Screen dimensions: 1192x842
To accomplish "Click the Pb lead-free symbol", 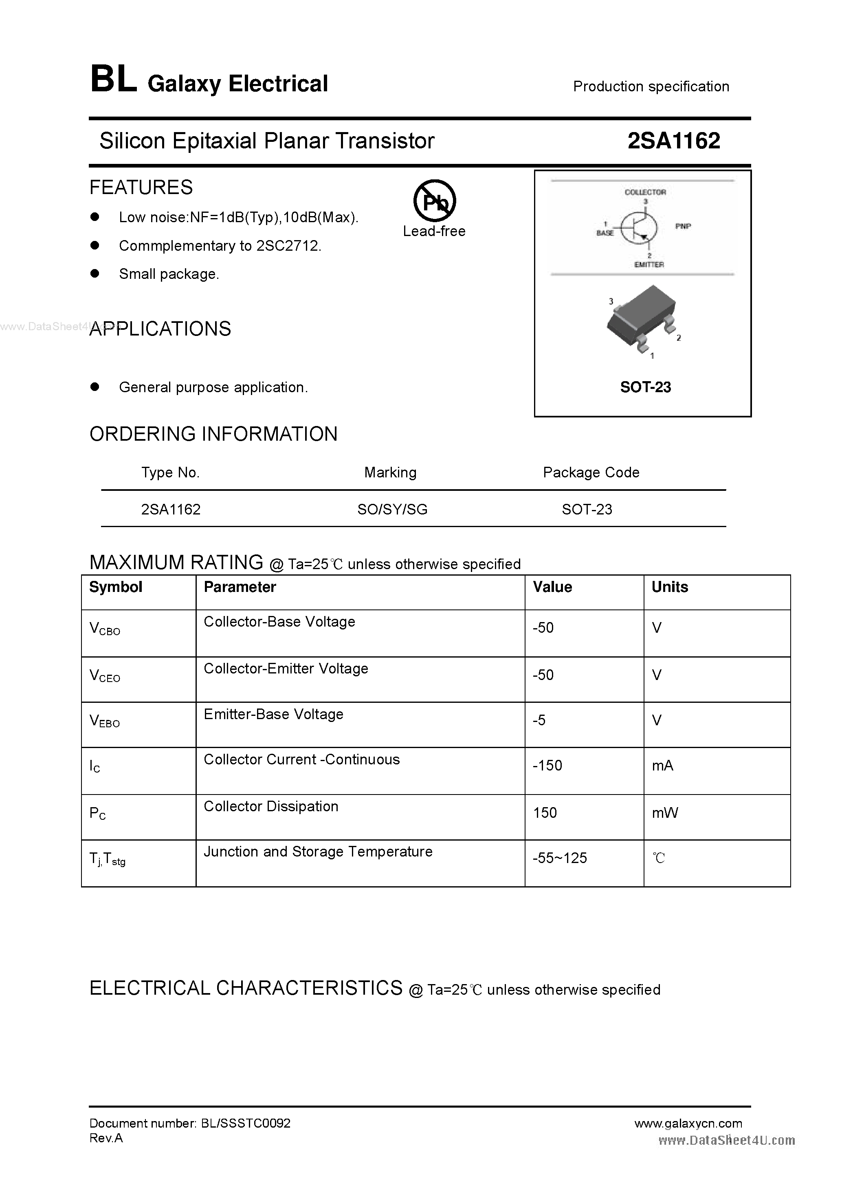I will (x=434, y=201).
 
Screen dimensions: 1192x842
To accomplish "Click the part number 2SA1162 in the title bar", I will (x=673, y=141).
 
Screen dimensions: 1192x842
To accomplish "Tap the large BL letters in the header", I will (x=114, y=80).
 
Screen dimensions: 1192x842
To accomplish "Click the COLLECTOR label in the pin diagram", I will (x=645, y=192).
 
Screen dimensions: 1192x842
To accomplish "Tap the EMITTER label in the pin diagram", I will (x=649, y=264).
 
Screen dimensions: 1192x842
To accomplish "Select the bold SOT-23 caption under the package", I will (x=645, y=387).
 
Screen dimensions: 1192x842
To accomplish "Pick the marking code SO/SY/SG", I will (x=392, y=509).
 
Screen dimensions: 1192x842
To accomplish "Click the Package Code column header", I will (x=591, y=472).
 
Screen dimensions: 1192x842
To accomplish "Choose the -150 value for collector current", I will (x=547, y=765).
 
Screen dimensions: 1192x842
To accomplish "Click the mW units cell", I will (x=664, y=812).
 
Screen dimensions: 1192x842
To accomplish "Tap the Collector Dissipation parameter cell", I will (x=271, y=806).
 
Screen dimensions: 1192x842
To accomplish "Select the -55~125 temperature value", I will (x=560, y=858).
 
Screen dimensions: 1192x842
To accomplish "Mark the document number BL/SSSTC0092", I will (x=245, y=1123).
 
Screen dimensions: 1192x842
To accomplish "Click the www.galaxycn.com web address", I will (x=688, y=1123).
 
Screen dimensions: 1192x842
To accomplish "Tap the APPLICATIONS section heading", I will (x=160, y=329).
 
